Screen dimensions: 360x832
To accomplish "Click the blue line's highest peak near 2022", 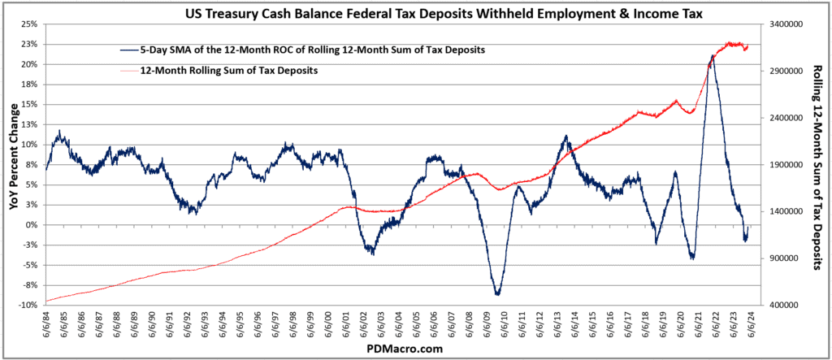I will tap(713, 56).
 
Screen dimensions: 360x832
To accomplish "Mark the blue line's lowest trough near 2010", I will tap(497, 294).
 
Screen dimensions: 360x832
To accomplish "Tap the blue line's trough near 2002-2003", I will tap(372, 254).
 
